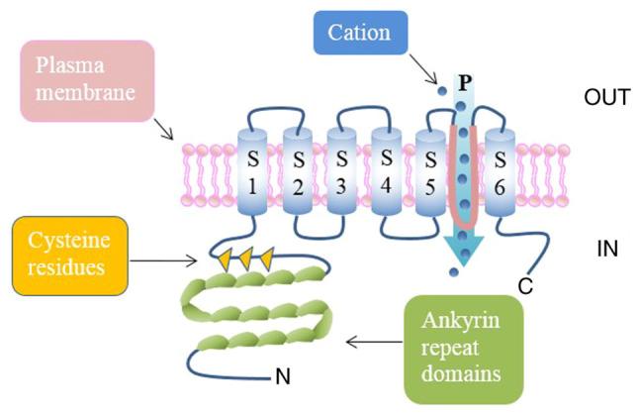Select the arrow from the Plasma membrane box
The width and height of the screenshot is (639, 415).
[159, 128]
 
